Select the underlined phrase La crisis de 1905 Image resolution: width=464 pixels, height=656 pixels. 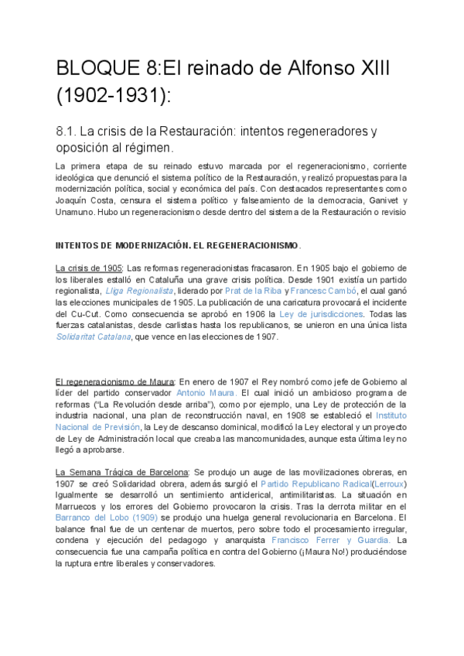(x=89, y=268)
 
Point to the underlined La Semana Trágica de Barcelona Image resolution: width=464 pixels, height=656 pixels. (x=121, y=472)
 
